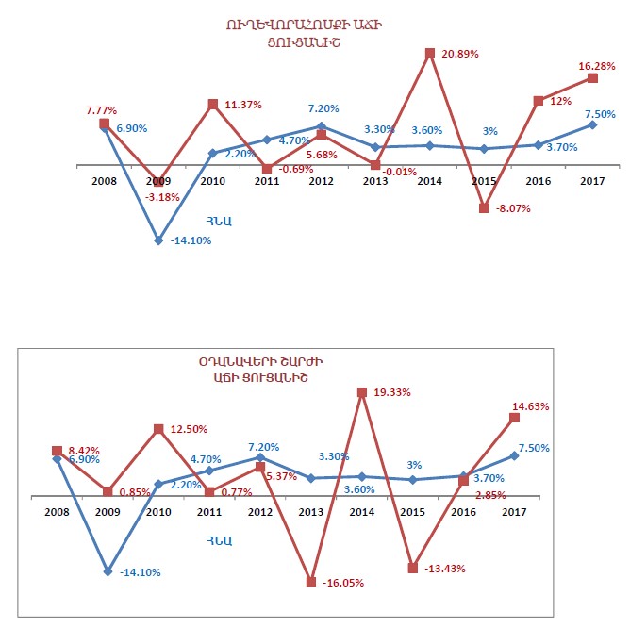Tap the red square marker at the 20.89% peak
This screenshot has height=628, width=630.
coord(430,53)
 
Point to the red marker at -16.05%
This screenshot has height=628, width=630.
coord(310,582)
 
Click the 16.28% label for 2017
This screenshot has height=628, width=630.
coord(597,66)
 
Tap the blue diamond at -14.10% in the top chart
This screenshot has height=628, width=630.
coord(159,240)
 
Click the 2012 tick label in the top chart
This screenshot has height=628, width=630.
coord(321,181)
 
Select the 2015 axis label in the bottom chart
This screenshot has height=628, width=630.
coord(411,512)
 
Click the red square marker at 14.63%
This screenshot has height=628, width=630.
coord(515,417)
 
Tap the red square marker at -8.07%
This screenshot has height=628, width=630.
coord(485,208)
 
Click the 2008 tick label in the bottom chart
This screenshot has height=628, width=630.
coord(57,512)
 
